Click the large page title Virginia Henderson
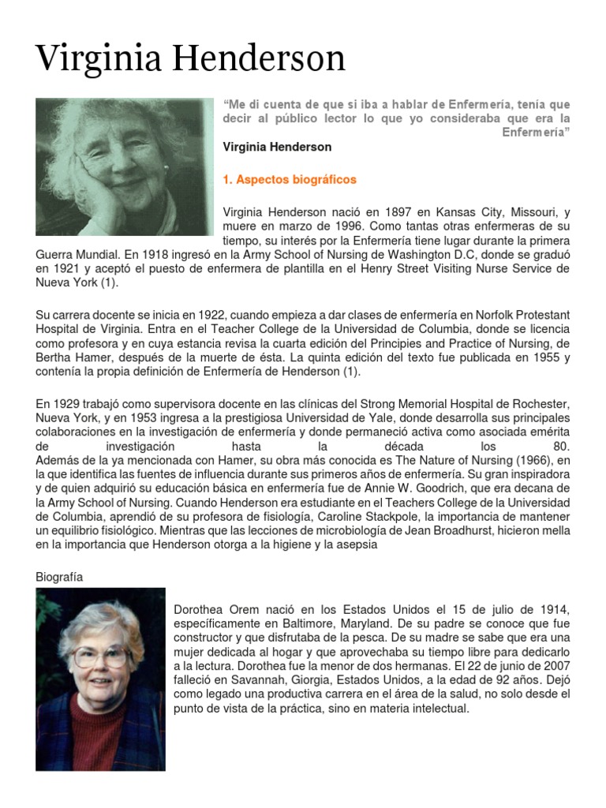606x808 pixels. pos(191,60)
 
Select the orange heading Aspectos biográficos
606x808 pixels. pos(290,180)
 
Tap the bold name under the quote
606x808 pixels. pos(277,147)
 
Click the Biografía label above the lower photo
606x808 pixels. pos(59,577)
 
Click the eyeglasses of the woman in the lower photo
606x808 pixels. pos(100,656)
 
